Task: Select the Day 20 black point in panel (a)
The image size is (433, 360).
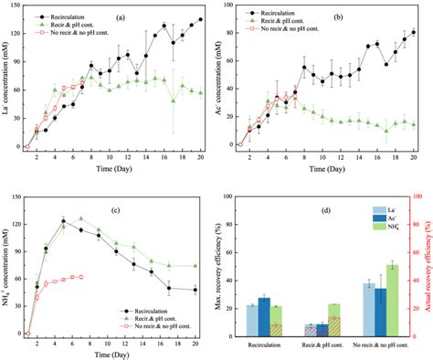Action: pyautogui.click(x=201, y=19)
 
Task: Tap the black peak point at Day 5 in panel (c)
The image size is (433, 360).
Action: pyautogui.click(x=63, y=220)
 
